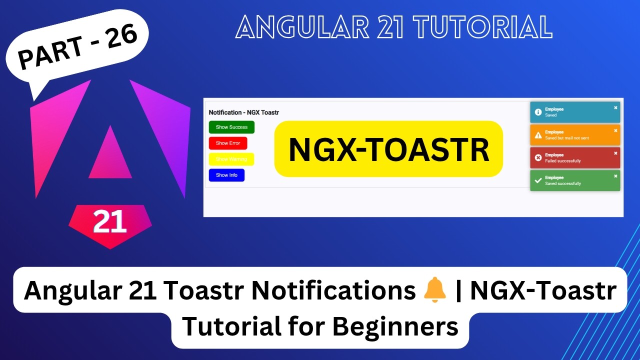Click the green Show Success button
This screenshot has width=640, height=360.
point(231,127)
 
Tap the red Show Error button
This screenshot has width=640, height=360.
point(228,143)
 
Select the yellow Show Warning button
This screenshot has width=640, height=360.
point(231,159)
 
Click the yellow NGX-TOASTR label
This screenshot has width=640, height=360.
point(388,149)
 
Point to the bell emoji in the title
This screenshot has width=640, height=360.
point(434,291)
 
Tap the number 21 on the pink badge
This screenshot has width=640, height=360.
point(109,222)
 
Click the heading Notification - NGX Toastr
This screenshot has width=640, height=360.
point(243,112)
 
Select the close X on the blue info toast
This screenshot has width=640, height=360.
point(615,107)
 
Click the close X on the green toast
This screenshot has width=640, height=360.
point(615,176)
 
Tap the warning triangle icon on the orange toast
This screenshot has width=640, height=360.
point(538,135)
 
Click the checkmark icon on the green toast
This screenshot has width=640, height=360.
point(538,180)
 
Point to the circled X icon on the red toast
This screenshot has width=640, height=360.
point(538,158)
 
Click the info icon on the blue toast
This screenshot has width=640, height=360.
point(538,112)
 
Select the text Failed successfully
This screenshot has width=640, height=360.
point(562,161)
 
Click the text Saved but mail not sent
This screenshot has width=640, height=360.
point(567,138)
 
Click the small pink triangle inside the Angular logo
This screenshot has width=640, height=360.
point(110,154)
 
